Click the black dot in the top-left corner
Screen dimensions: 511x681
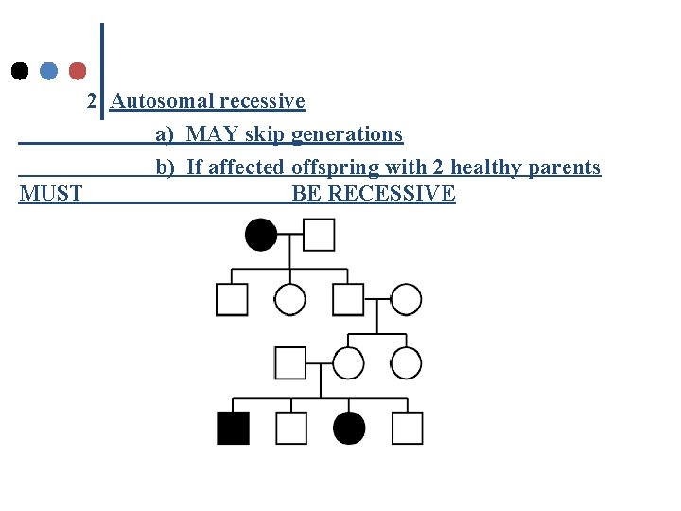(x=20, y=71)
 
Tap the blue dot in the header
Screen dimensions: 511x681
(x=49, y=71)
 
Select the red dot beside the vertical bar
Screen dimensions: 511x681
(x=78, y=71)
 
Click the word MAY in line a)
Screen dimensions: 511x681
(x=213, y=134)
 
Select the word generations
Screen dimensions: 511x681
(x=347, y=134)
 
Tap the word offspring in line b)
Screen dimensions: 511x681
(x=331, y=167)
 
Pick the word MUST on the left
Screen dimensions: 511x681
(x=51, y=194)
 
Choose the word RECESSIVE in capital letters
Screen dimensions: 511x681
(x=389, y=194)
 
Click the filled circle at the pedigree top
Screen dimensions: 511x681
(x=261, y=235)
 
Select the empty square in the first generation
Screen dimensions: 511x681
(x=320, y=235)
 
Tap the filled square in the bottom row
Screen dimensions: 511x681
(x=233, y=428)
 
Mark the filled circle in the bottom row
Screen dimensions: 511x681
(x=349, y=428)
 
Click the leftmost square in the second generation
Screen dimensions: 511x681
(x=233, y=299)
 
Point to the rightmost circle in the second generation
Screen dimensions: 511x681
(x=407, y=299)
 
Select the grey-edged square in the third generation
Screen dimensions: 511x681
(x=290, y=362)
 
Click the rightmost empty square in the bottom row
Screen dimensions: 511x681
(x=407, y=428)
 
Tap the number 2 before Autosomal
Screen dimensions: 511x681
(x=92, y=101)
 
